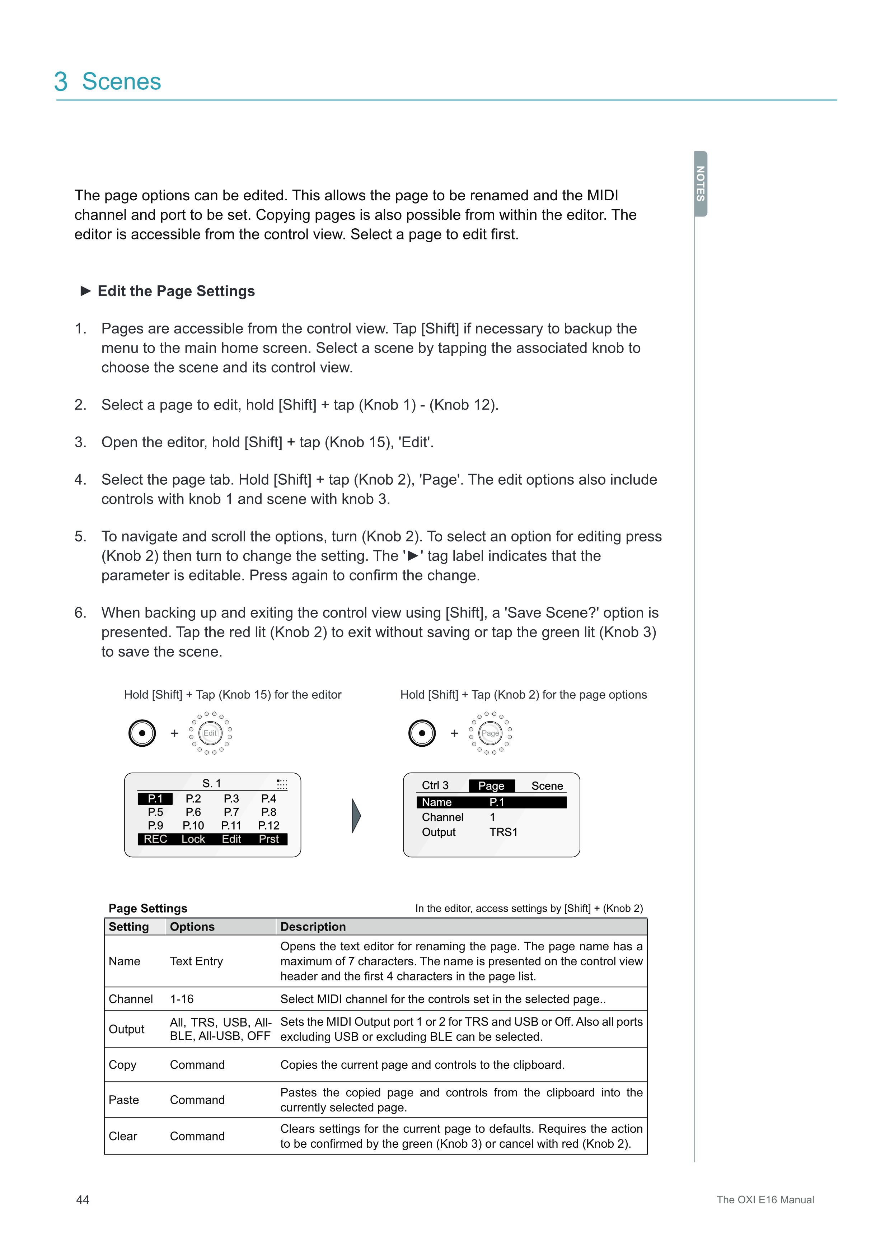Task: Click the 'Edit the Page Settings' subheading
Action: (176, 291)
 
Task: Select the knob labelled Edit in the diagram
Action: (210, 733)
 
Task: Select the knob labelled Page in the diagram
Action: (490, 733)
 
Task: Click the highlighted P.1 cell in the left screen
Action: (155, 799)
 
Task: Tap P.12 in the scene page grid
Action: (268, 825)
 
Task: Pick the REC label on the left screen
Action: (155, 839)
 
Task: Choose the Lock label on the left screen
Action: (193, 839)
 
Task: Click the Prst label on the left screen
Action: (268, 839)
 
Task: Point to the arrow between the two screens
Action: (356, 815)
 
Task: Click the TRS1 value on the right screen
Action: (503, 832)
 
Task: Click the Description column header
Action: (313, 927)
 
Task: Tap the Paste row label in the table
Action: (124, 1100)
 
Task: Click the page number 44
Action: (83, 1200)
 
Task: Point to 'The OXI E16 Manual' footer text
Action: (765, 1200)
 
